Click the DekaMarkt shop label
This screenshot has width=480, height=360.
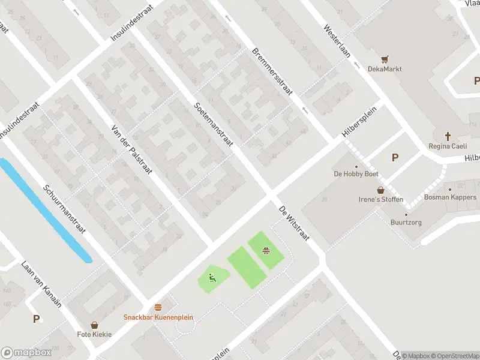(385, 69)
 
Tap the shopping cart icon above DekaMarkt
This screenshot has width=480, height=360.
(385, 59)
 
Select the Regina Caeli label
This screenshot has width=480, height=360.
(448, 146)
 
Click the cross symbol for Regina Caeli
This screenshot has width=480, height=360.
(448, 136)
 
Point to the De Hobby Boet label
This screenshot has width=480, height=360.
(356, 175)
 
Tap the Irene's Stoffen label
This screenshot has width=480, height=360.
(380, 200)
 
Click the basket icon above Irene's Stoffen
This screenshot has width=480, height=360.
(380, 190)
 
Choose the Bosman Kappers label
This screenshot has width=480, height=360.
(450, 197)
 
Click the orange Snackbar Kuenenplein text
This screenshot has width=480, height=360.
(158, 317)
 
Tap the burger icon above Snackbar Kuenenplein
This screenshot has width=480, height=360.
(158, 307)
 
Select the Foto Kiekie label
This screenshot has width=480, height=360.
(94, 334)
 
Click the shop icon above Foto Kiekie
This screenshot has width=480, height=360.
(94, 325)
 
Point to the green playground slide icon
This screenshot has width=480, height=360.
(212, 278)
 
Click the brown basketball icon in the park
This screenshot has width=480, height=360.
(265, 250)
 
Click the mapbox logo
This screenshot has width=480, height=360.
(26, 353)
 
